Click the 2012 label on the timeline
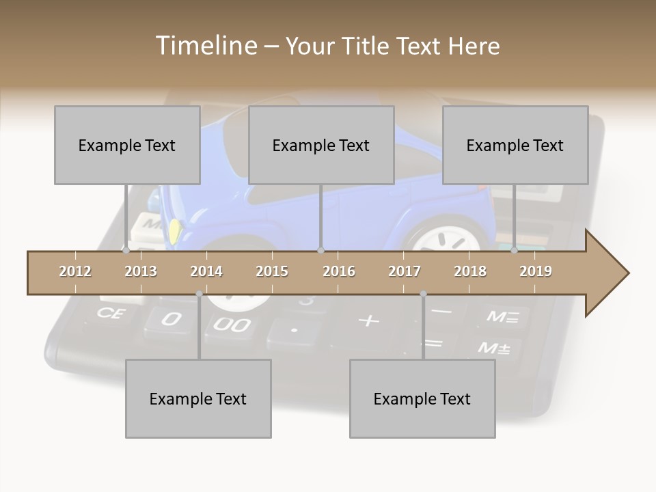(x=75, y=271)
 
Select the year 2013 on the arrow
(x=141, y=271)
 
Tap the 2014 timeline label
(x=206, y=271)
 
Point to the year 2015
(x=272, y=271)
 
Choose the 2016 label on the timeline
(x=339, y=271)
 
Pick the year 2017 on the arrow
(x=405, y=271)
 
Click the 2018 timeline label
(x=470, y=271)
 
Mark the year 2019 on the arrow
(x=536, y=271)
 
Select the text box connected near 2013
(x=127, y=145)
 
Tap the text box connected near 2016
(x=321, y=145)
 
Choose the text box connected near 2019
(x=515, y=145)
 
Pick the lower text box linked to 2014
(x=198, y=398)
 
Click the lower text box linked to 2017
(x=422, y=398)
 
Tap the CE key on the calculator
(x=109, y=313)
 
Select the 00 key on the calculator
(x=231, y=324)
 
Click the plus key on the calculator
(x=369, y=320)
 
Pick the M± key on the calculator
(x=493, y=348)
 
